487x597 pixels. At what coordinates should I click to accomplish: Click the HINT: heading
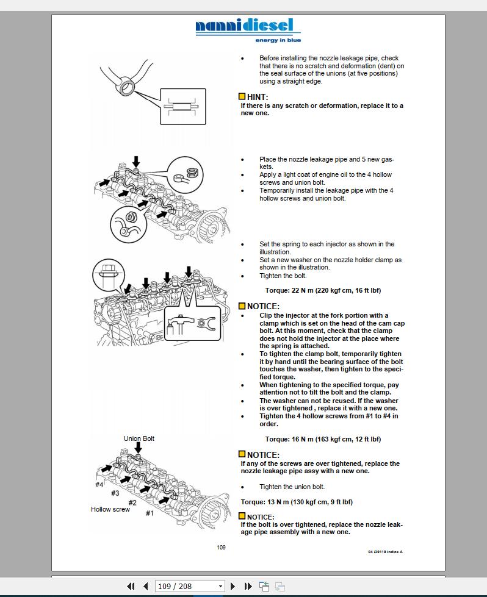(x=257, y=97)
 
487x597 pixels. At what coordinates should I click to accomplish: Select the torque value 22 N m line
(x=323, y=291)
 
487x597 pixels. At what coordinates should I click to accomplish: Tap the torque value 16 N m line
(x=323, y=439)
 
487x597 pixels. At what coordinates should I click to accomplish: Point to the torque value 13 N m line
(x=297, y=502)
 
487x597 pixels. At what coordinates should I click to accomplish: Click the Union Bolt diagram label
(x=139, y=438)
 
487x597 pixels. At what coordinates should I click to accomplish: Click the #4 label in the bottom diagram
(x=99, y=485)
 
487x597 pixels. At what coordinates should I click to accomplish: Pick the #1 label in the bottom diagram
(x=150, y=513)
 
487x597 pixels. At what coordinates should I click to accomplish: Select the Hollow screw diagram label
(x=110, y=509)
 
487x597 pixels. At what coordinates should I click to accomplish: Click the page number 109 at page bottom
(x=221, y=547)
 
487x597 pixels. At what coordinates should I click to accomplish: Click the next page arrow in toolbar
(x=233, y=586)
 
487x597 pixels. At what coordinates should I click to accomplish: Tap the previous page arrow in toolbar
(x=145, y=586)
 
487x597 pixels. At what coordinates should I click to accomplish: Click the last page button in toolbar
(x=248, y=586)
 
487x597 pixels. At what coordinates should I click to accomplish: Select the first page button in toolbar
(x=131, y=586)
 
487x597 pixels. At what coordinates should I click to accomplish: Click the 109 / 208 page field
(x=186, y=586)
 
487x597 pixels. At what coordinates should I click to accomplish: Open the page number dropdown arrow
(x=221, y=587)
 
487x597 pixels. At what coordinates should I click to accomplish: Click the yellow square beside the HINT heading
(x=242, y=97)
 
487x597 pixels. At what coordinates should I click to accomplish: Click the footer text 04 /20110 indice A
(x=385, y=552)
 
